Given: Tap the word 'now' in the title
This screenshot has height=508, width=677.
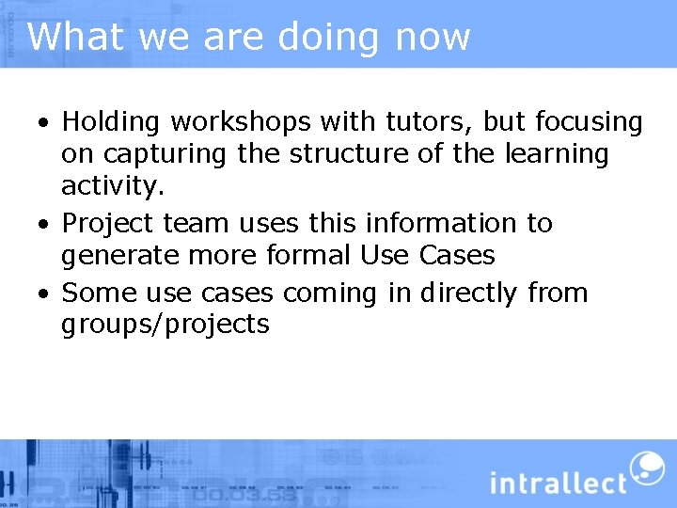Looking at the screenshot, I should point(433,38).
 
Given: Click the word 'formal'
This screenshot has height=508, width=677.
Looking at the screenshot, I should point(308,256).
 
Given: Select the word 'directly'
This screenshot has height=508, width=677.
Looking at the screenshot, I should point(468,294).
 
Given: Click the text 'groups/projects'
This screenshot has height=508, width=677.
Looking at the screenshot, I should point(165,325).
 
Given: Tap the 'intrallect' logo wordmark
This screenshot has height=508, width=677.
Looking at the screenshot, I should point(558,482).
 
